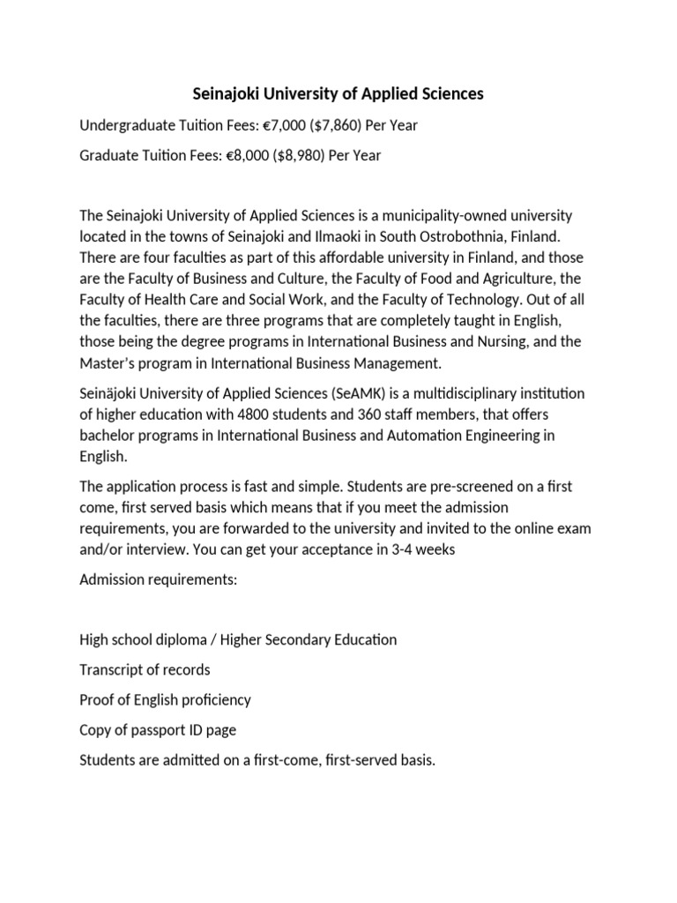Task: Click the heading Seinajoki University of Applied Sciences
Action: (338, 93)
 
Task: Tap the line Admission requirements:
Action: (160, 581)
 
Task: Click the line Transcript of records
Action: (145, 669)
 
